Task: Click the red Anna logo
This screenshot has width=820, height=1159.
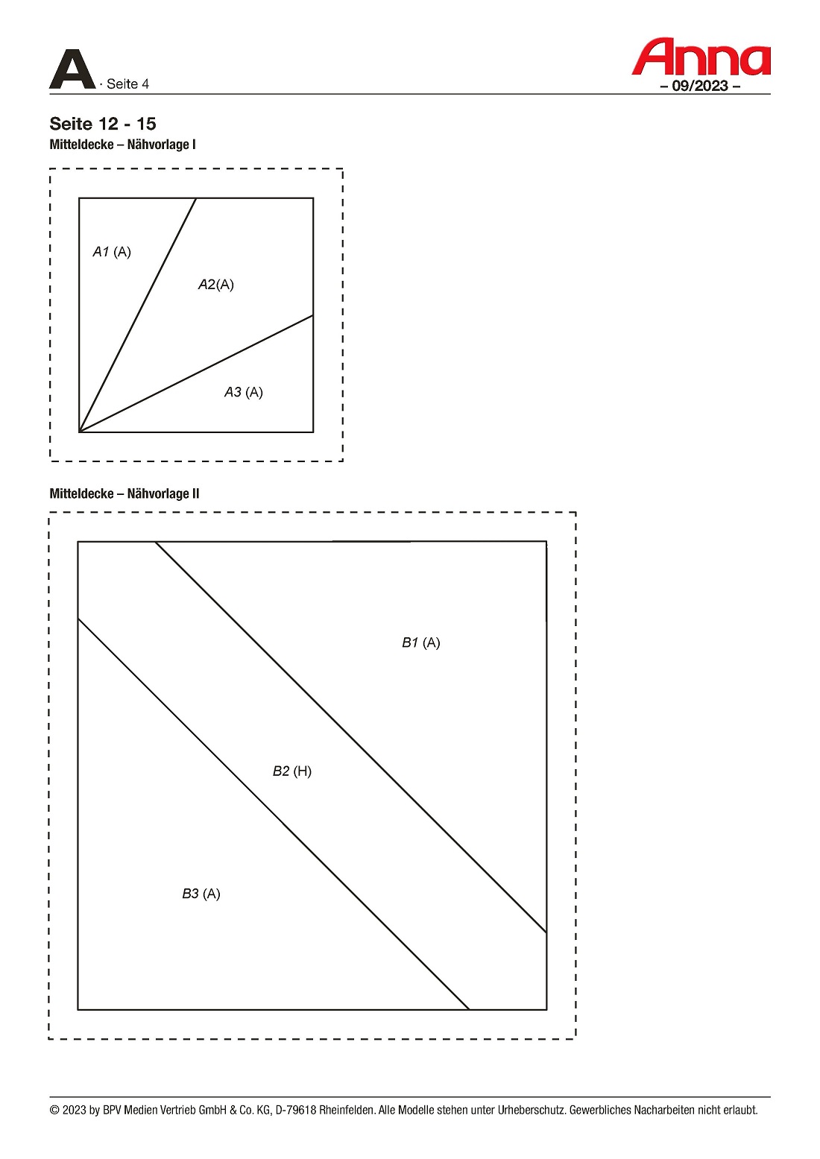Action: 701,57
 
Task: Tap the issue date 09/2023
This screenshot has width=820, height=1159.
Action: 700,86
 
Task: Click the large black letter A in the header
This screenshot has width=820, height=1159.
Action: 72,69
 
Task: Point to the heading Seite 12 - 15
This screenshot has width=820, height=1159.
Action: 102,124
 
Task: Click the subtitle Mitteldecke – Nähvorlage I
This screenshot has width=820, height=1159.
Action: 122,145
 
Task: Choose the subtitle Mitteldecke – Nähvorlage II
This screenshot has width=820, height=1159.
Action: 124,493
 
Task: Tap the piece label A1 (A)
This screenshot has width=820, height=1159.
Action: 112,252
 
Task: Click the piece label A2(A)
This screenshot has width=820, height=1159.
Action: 216,285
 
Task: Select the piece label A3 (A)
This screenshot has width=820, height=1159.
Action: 244,392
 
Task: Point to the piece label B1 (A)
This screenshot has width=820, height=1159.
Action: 421,642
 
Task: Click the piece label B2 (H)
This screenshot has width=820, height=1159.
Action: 292,771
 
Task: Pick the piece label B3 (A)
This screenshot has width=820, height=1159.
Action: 201,894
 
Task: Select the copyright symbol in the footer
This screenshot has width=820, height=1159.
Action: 54,1111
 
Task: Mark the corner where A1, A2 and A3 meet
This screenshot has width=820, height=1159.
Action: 79,432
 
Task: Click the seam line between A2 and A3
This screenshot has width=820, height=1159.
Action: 196,373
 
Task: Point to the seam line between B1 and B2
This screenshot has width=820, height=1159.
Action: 351,737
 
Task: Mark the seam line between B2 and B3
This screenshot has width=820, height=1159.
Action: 273,814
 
